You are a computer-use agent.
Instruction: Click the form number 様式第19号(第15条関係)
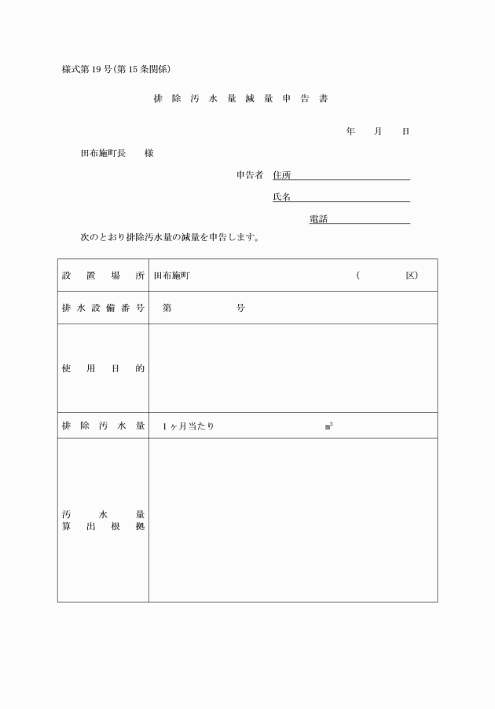(122, 69)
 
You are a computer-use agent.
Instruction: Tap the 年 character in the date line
(350, 131)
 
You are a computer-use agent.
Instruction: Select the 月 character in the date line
(378, 131)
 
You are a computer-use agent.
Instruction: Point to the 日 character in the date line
(405, 131)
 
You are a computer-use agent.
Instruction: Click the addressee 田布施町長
(103, 153)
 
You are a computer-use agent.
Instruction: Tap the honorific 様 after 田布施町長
(148, 153)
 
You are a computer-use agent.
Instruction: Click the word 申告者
(250, 174)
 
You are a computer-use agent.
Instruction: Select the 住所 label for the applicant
(281, 174)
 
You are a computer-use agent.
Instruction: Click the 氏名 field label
(281, 196)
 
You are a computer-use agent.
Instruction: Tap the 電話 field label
(318, 218)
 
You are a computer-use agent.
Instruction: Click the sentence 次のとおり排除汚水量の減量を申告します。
(170, 236)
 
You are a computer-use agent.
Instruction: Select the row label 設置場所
(103, 276)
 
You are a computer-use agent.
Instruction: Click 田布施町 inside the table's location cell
(171, 276)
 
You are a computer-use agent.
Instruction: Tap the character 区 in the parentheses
(411, 276)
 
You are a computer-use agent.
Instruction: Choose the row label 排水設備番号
(103, 308)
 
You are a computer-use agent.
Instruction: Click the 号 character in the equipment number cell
(240, 308)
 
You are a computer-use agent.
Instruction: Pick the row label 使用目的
(103, 368)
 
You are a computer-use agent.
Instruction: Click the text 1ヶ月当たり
(189, 426)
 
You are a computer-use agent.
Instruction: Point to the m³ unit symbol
(328, 426)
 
